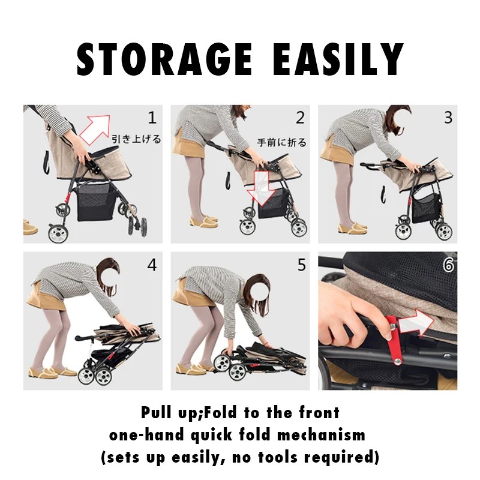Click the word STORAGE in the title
click(x=164, y=59)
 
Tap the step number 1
click(x=152, y=118)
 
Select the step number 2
click(x=300, y=118)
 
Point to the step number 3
click(x=448, y=118)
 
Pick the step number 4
click(x=152, y=265)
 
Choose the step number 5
click(x=302, y=265)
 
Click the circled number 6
click(x=448, y=265)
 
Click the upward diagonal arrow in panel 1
click(x=95, y=130)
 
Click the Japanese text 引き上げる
click(x=136, y=139)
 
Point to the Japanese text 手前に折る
click(x=281, y=143)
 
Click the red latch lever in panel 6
click(x=393, y=340)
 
